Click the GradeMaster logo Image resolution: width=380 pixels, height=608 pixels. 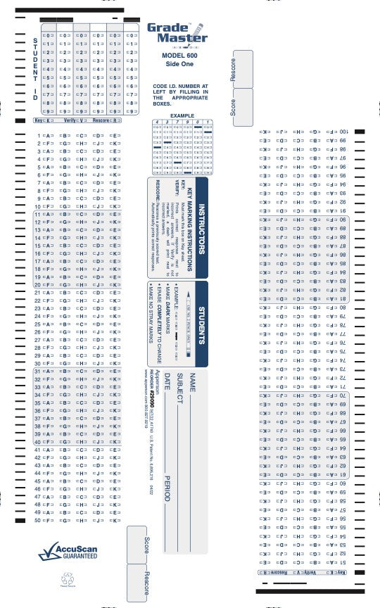point(177,33)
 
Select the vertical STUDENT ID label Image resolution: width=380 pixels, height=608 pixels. point(35,69)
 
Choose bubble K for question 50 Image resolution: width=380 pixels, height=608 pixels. point(114,521)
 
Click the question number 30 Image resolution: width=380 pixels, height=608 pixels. point(38,364)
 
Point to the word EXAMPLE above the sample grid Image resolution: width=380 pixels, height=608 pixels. point(181,115)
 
